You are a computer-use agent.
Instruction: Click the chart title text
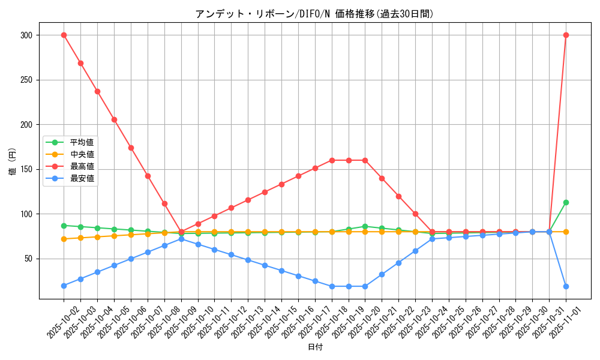point(314,14)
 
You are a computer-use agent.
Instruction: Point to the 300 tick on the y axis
point(26,35)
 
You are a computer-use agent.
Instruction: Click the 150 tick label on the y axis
point(26,169)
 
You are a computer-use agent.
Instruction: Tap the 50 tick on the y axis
point(28,259)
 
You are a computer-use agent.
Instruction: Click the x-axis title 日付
point(315,347)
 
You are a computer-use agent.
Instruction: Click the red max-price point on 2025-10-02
point(64,35)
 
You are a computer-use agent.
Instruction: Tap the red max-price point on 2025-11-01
point(566,35)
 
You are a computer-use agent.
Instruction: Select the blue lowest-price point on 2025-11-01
point(566,286)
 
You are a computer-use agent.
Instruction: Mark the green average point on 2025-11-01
point(566,202)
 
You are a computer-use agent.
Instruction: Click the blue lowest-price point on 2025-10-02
point(64,286)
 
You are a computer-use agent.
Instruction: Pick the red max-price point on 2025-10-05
point(114,119)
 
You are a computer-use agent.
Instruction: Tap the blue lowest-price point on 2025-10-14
point(265,265)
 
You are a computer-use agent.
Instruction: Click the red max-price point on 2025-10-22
point(398,196)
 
